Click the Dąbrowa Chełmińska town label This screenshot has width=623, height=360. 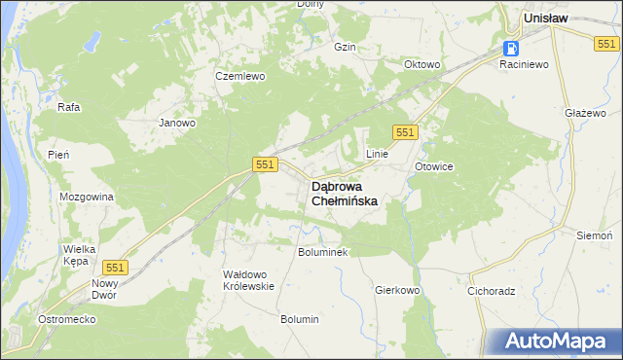coord(344,193)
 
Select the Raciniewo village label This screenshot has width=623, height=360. coord(525,64)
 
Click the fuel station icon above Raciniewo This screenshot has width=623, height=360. coord(510,48)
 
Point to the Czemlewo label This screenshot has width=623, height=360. coord(240,76)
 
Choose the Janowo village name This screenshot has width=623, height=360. coord(178,124)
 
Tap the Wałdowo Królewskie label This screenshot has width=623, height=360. coord(249,280)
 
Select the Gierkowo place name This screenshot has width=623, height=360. coord(396,290)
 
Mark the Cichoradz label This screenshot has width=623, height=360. coord(491,290)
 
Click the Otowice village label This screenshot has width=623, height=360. coord(434,166)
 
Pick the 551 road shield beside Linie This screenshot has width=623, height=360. coord(406,131)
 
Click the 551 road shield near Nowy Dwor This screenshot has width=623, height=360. coord(116,267)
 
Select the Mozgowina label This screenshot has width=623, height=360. coord(87,197)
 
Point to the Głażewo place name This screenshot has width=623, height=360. coord(579,113)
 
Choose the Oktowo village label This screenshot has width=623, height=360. coord(422,65)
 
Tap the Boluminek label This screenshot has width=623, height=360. coord(322,252)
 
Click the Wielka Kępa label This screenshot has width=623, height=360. coord(79,255)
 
